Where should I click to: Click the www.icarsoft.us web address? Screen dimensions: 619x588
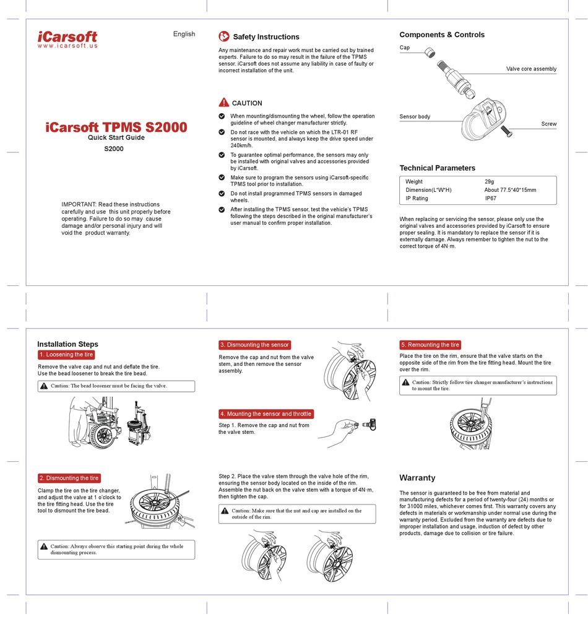click(x=67, y=46)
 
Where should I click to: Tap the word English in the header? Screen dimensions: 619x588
click(x=184, y=34)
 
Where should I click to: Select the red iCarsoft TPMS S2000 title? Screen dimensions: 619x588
click(x=116, y=128)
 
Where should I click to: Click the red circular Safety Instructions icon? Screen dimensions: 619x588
click(x=224, y=37)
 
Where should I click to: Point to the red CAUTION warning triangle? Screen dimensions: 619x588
click(x=224, y=103)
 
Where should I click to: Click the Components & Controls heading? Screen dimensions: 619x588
click(x=442, y=35)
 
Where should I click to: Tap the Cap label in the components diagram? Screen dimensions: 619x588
click(x=405, y=48)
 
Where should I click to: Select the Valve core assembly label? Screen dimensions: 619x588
click(x=531, y=69)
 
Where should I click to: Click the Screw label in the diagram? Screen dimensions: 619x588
click(x=548, y=124)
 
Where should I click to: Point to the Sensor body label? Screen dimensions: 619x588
click(x=415, y=116)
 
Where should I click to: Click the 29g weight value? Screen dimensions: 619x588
click(x=489, y=181)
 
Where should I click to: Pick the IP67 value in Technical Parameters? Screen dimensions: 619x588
click(x=490, y=199)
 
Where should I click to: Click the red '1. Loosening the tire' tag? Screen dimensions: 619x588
click(x=66, y=355)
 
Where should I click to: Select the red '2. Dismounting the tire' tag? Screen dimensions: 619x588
click(x=69, y=478)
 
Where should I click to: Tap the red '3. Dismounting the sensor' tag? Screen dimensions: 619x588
click(x=254, y=345)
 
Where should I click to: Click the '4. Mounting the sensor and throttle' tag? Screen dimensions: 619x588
click(x=266, y=413)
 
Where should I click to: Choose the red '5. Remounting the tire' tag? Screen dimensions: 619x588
click(x=430, y=345)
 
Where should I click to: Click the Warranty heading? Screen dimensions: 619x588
click(x=417, y=478)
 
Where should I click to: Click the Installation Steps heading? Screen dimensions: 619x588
click(x=67, y=344)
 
